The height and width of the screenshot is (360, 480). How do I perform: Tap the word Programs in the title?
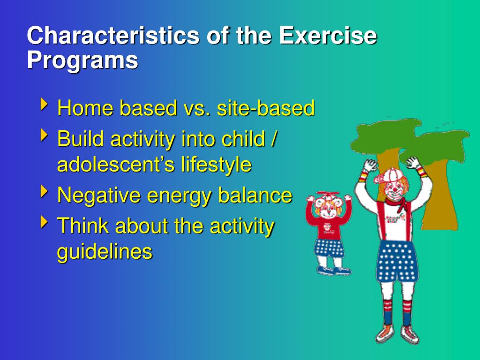pos(82,61)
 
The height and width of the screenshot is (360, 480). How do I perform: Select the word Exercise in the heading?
pos(328,35)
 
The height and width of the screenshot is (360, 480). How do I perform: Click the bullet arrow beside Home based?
pos(44,105)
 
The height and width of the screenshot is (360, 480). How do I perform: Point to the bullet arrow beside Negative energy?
pos(44,191)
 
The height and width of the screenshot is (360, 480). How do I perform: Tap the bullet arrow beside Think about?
pos(44,222)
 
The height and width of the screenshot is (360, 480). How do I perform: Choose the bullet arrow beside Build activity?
pos(44,135)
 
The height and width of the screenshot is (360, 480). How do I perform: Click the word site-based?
pos(266,108)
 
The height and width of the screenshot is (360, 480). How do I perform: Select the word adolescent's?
pos(116,165)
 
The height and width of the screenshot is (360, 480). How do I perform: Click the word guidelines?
pos(105,252)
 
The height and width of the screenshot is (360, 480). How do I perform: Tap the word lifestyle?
pos(216,165)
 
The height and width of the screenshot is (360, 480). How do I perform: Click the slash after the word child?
pos(274,138)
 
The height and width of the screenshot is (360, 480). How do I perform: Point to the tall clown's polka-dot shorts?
pos(397,261)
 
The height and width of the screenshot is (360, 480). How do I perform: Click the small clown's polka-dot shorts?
pos(329,248)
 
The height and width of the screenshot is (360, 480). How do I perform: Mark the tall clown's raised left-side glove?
pos(370,165)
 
